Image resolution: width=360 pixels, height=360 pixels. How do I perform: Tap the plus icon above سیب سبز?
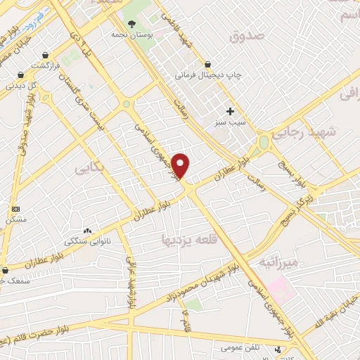pyautogui.click(x=229, y=111)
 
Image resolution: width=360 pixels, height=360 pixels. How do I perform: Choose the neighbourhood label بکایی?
pyautogui.click(x=87, y=169)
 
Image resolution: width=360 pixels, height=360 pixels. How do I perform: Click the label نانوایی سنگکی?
pyautogui.click(x=88, y=241)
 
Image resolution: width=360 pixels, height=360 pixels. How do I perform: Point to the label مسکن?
pyautogui.click(x=15, y=219)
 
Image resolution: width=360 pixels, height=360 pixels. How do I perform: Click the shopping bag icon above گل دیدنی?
pyautogui.click(x=21, y=75)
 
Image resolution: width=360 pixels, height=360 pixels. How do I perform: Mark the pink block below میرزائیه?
pyautogui.click(x=279, y=285)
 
